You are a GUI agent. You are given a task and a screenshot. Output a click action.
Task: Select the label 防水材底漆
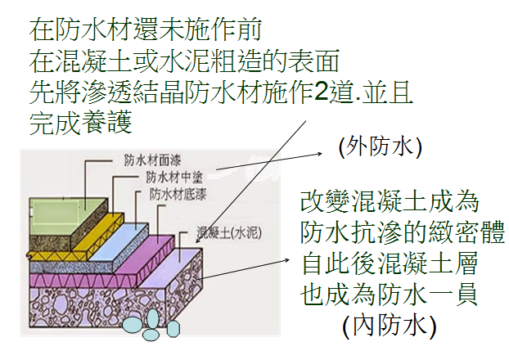[x=178, y=195]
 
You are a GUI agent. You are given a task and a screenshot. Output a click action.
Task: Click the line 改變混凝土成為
[x=390, y=201]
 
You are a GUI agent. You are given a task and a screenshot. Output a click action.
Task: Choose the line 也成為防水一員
[x=390, y=295]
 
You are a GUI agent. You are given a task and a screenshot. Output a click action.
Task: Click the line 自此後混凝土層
[x=390, y=263]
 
